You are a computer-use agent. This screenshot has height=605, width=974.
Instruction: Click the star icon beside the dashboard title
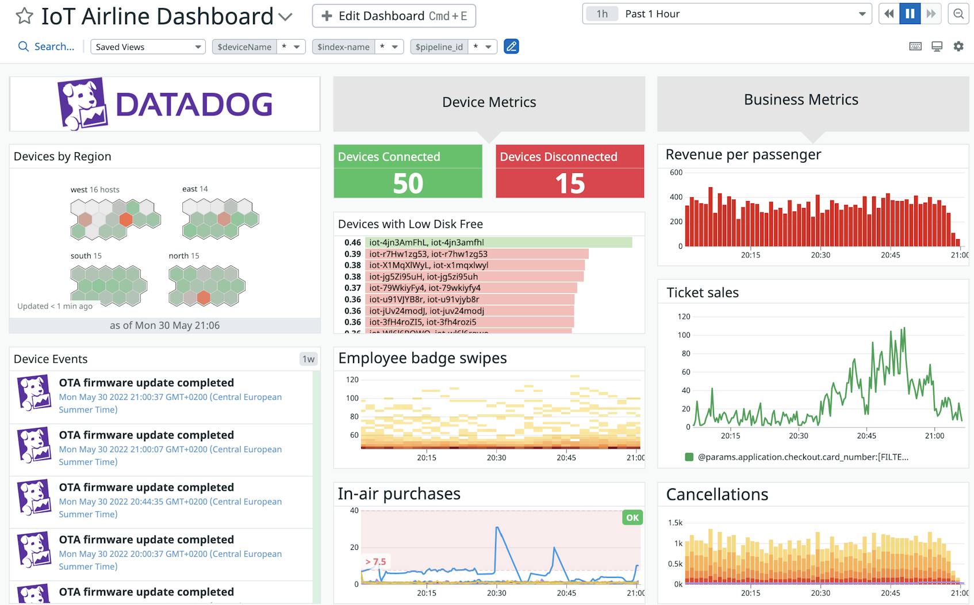[x=24, y=16]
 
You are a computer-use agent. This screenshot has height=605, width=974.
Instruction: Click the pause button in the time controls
[x=910, y=14]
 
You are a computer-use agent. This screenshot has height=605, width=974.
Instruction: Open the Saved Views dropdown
[x=148, y=47]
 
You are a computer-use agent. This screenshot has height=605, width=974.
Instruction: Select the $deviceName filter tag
[x=244, y=47]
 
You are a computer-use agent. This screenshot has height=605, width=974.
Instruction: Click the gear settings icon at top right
[x=958, y=47]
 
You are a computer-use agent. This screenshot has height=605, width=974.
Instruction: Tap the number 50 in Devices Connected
[x=408, y=184]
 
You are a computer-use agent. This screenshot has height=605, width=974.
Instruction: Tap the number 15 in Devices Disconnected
[x=570, y=184]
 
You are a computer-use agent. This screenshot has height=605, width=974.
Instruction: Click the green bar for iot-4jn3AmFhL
[x=498, y=242]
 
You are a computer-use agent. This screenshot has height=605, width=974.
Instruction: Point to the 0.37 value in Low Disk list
[x=352, y=288]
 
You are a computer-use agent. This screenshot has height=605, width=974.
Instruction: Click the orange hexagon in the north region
[x=204, y=297]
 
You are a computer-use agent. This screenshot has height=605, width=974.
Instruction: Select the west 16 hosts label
[x=95, y=190]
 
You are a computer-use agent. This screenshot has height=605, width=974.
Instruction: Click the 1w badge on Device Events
[x=308, y=359]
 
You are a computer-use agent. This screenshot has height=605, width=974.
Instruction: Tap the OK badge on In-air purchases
[x=632, y=518]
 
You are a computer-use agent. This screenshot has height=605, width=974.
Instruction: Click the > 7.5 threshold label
[x=375, y=561]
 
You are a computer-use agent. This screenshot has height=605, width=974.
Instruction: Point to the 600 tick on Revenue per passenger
[x=676, y=172]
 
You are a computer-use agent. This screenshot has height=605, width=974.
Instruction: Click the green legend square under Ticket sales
[x=689, y=457]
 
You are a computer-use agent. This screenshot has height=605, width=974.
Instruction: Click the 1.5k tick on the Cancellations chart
[x=675, y=522]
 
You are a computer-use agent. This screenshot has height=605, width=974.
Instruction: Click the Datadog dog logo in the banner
[x=82, y=104]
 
